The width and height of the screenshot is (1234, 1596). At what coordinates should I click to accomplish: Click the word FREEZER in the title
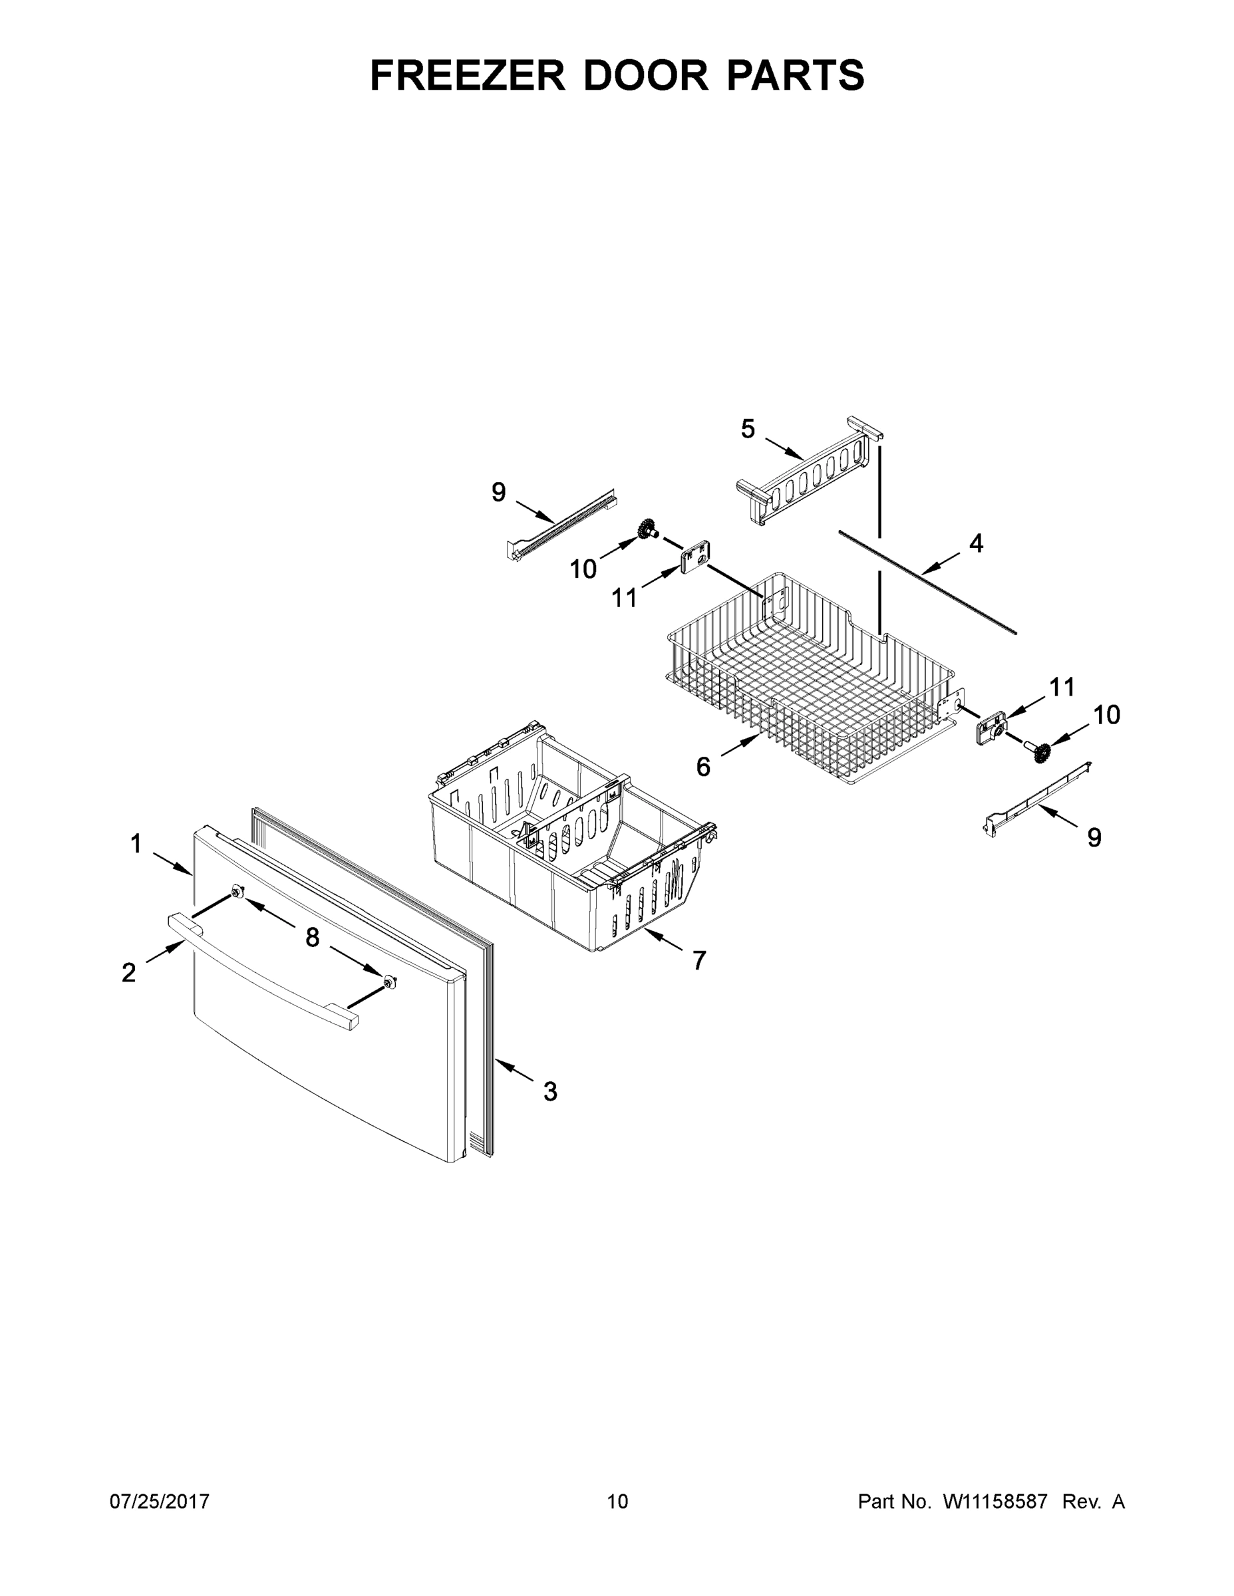[467, 76]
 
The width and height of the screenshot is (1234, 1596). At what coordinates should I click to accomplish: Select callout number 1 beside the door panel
[136, 844]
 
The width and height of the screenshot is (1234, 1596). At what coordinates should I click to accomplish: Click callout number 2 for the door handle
[128, 973]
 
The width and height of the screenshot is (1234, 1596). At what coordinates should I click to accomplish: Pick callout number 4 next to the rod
[976, 544]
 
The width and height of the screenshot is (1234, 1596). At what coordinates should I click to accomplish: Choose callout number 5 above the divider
[747, 429]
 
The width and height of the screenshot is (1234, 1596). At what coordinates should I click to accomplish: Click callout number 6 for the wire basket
[702, 767]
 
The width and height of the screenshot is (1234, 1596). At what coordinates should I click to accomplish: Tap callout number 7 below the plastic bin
[700, 960]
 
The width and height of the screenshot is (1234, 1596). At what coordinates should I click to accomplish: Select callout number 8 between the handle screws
[312, 938]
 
